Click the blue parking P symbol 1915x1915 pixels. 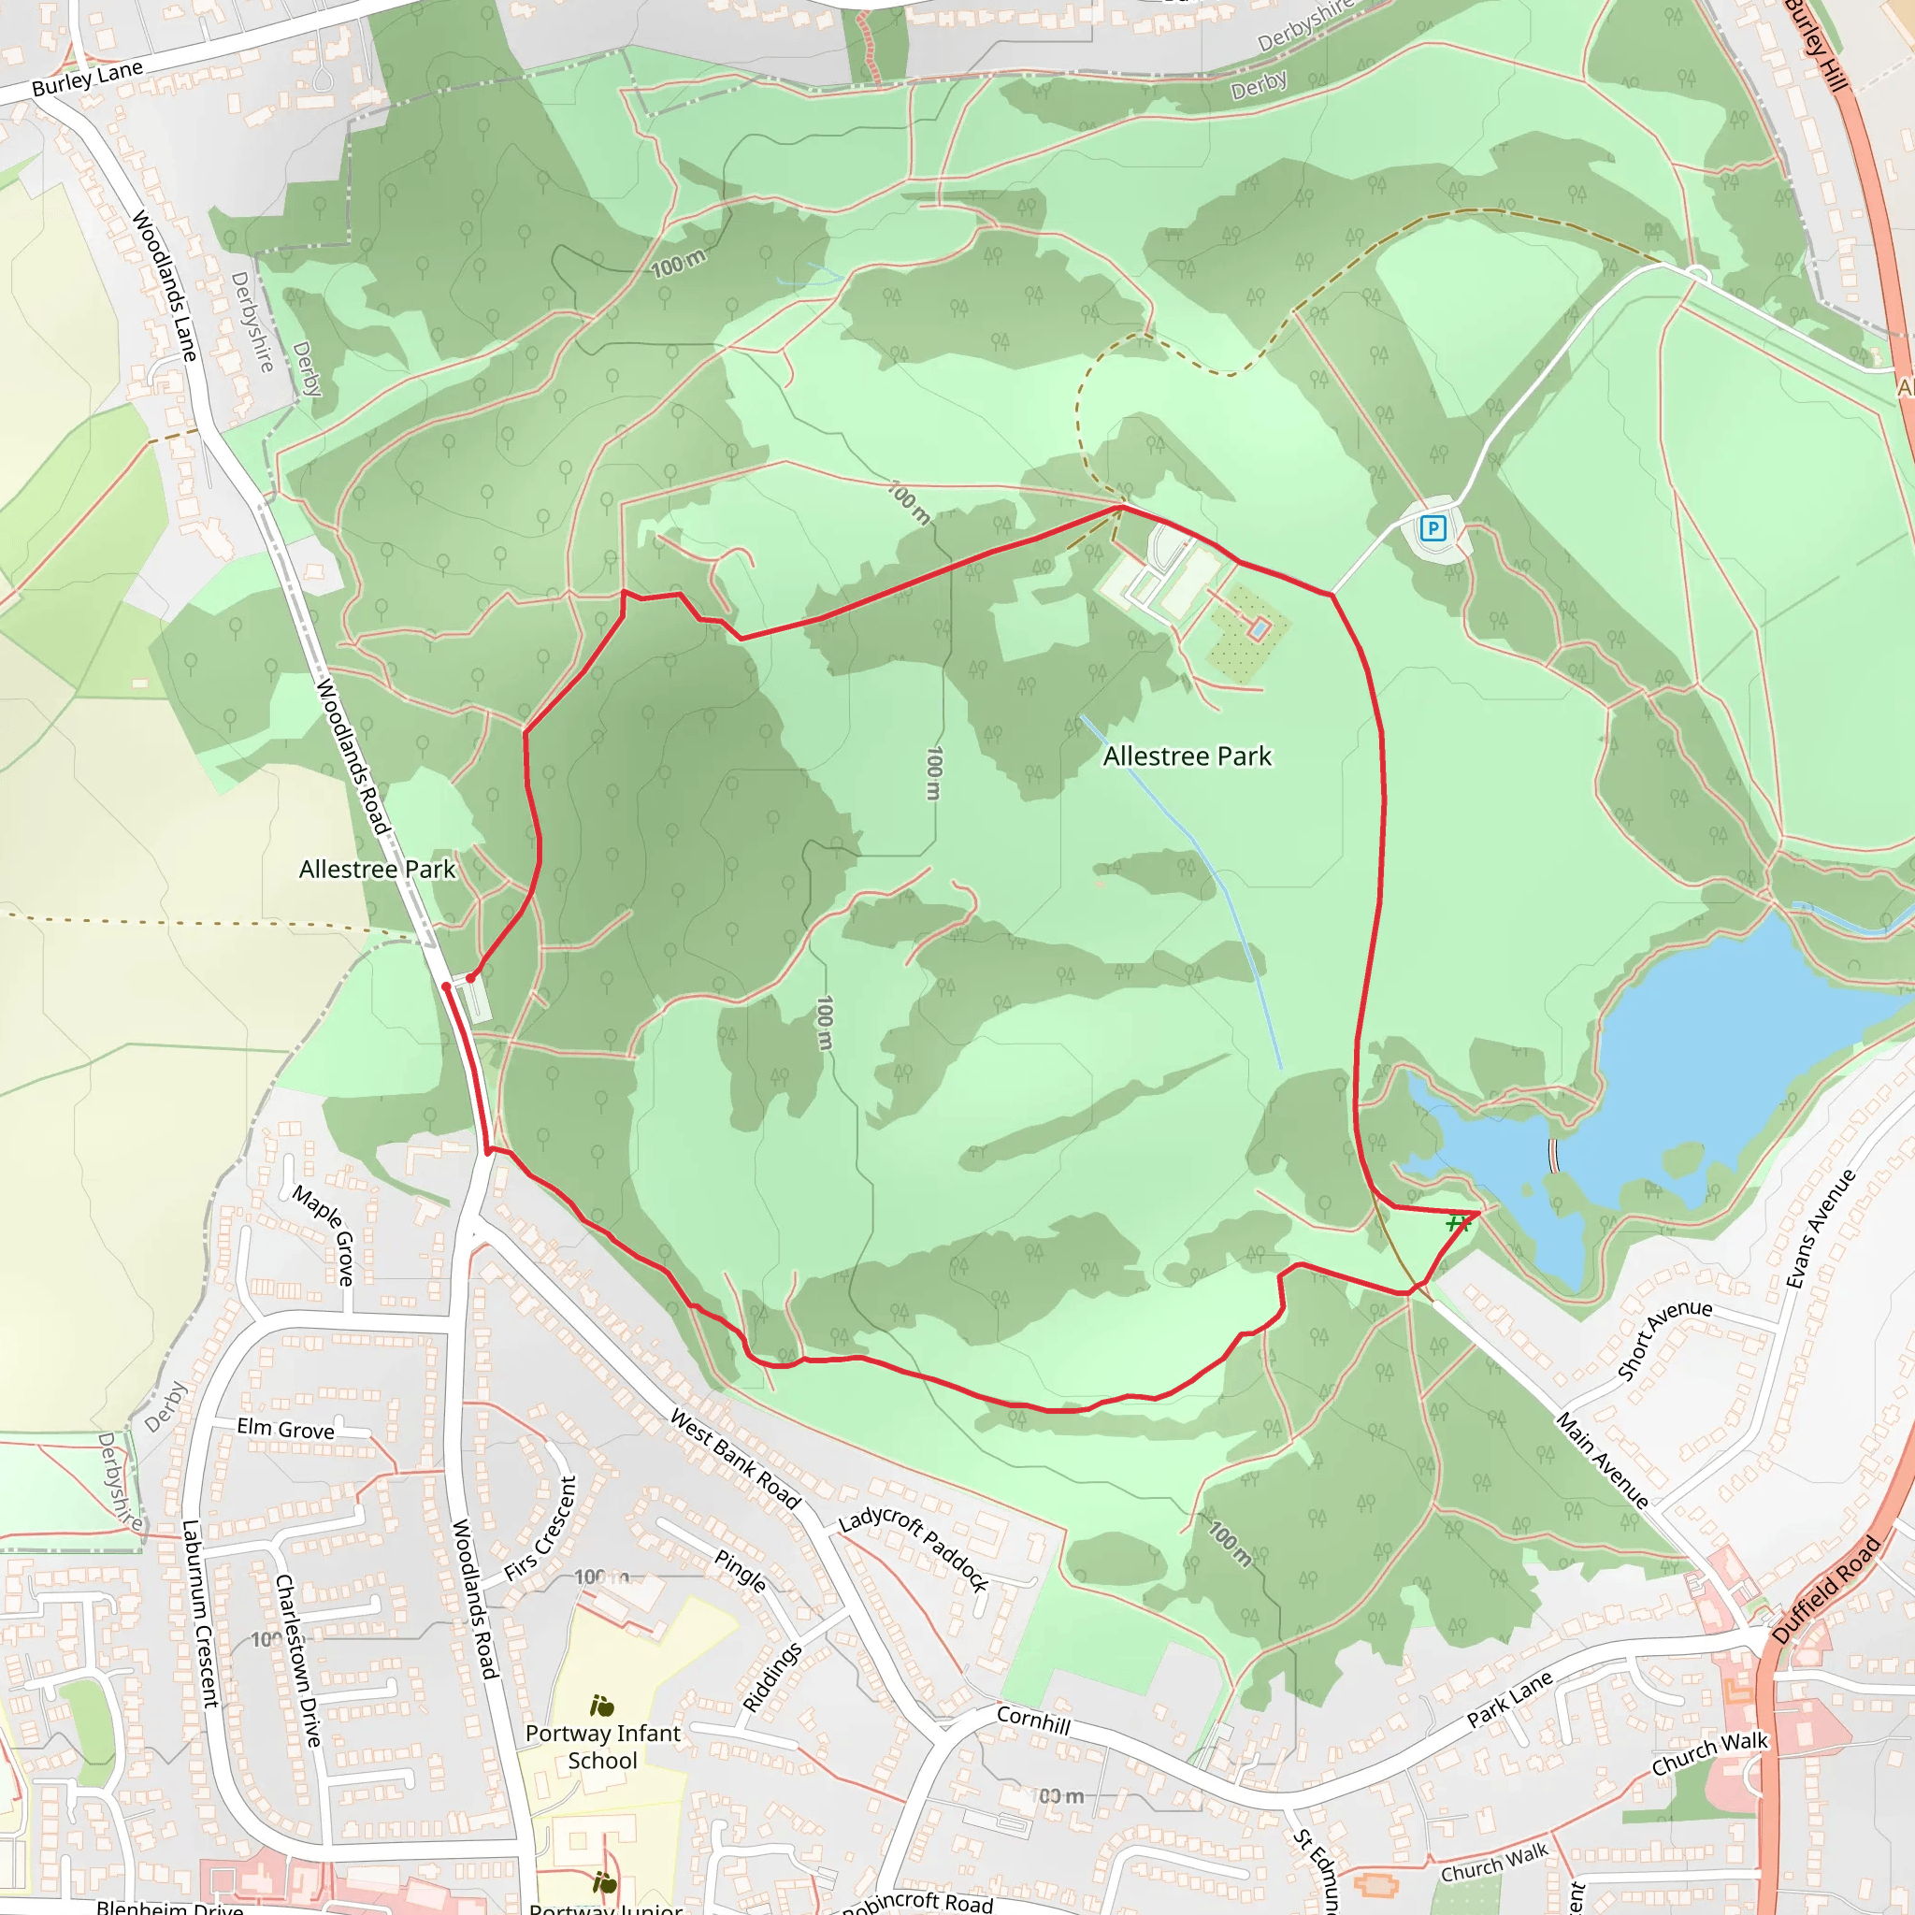tap(1433, 528)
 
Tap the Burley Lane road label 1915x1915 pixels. tap(87, 79)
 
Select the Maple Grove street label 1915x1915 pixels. tap(325, 1234)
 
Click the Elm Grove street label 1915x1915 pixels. tap(285, 1430)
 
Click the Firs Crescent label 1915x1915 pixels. tap(540, 1529)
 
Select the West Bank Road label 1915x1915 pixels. tap(736, 1459)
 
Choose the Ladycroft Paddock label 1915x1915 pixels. tap(914, 1550)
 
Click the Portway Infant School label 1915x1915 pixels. tap(603, 1747)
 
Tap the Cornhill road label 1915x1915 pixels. tap(1033, 1720)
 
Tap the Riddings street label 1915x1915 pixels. tap(772, 1677)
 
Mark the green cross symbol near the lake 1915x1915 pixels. tap(1456, 1224)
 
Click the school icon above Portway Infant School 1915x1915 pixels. tap(601, 1706)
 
